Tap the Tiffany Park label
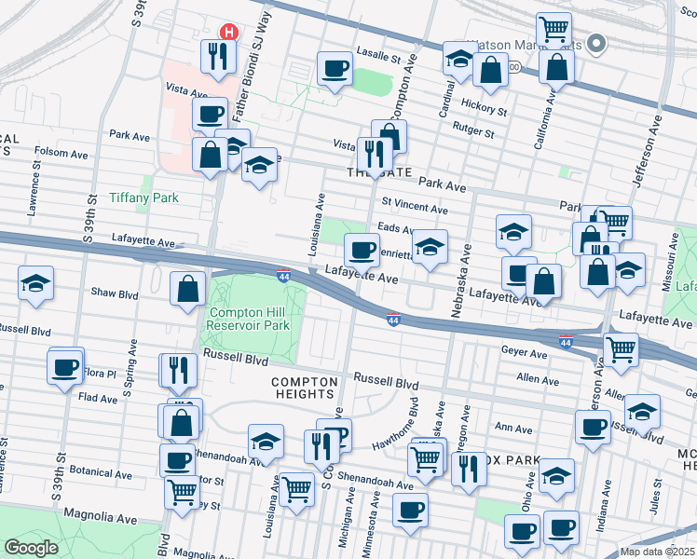[x=143, y=198]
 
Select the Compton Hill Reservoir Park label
[x=250, y=319]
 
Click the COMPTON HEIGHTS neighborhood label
[x=308, y=389]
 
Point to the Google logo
[x=31, y=548]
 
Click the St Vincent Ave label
[x=414, y=205]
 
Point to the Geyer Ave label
[x=525, y=354]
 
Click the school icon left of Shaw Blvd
[x=35, y=284]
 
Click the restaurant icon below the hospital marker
[x=218, y=56]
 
